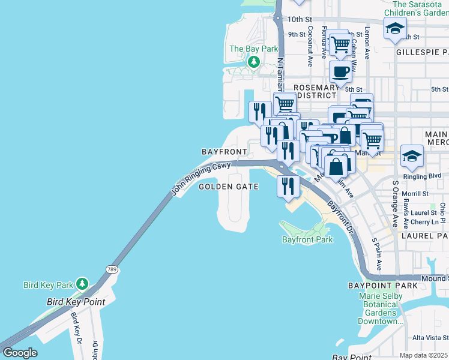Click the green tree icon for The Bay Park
(254, 61)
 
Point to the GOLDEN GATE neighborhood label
(229, 187)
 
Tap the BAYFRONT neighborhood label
(224, 151)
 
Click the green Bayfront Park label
(307, 239)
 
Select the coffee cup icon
(340, 72)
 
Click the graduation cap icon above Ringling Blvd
(412, 157)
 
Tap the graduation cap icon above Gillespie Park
(396, 28)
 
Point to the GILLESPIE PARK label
(422, 52)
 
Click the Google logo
(20, 352)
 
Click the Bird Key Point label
(76, 301)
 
